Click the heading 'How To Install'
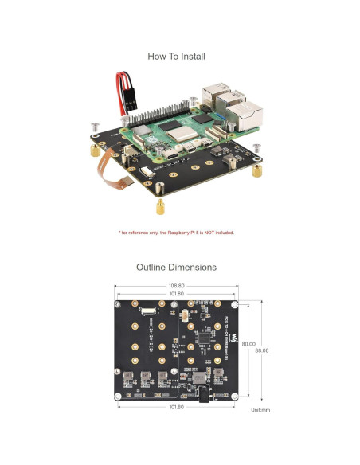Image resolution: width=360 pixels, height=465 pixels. pyautogui.click(x=176, y=57)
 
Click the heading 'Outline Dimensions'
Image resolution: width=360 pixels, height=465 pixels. pyautogui.click(x=176, y=268)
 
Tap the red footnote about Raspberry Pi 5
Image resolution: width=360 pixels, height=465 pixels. pyautogui.click(x=176, y=232)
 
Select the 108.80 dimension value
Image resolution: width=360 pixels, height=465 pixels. pyautogui.click(x=177, y=286)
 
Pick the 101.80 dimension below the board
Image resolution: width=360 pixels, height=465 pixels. pyautogui.click(x=177, y=407)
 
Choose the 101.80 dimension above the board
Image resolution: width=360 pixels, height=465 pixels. pyautogui.click(x=177, y=294)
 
